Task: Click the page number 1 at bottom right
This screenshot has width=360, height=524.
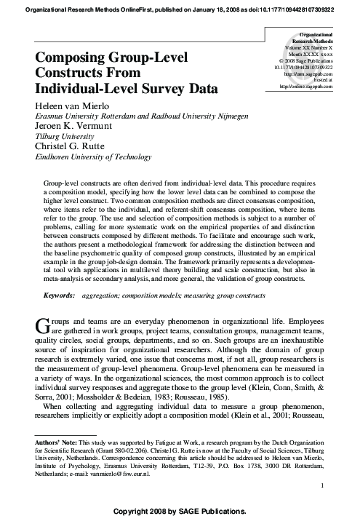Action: (x=331, y=485)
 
